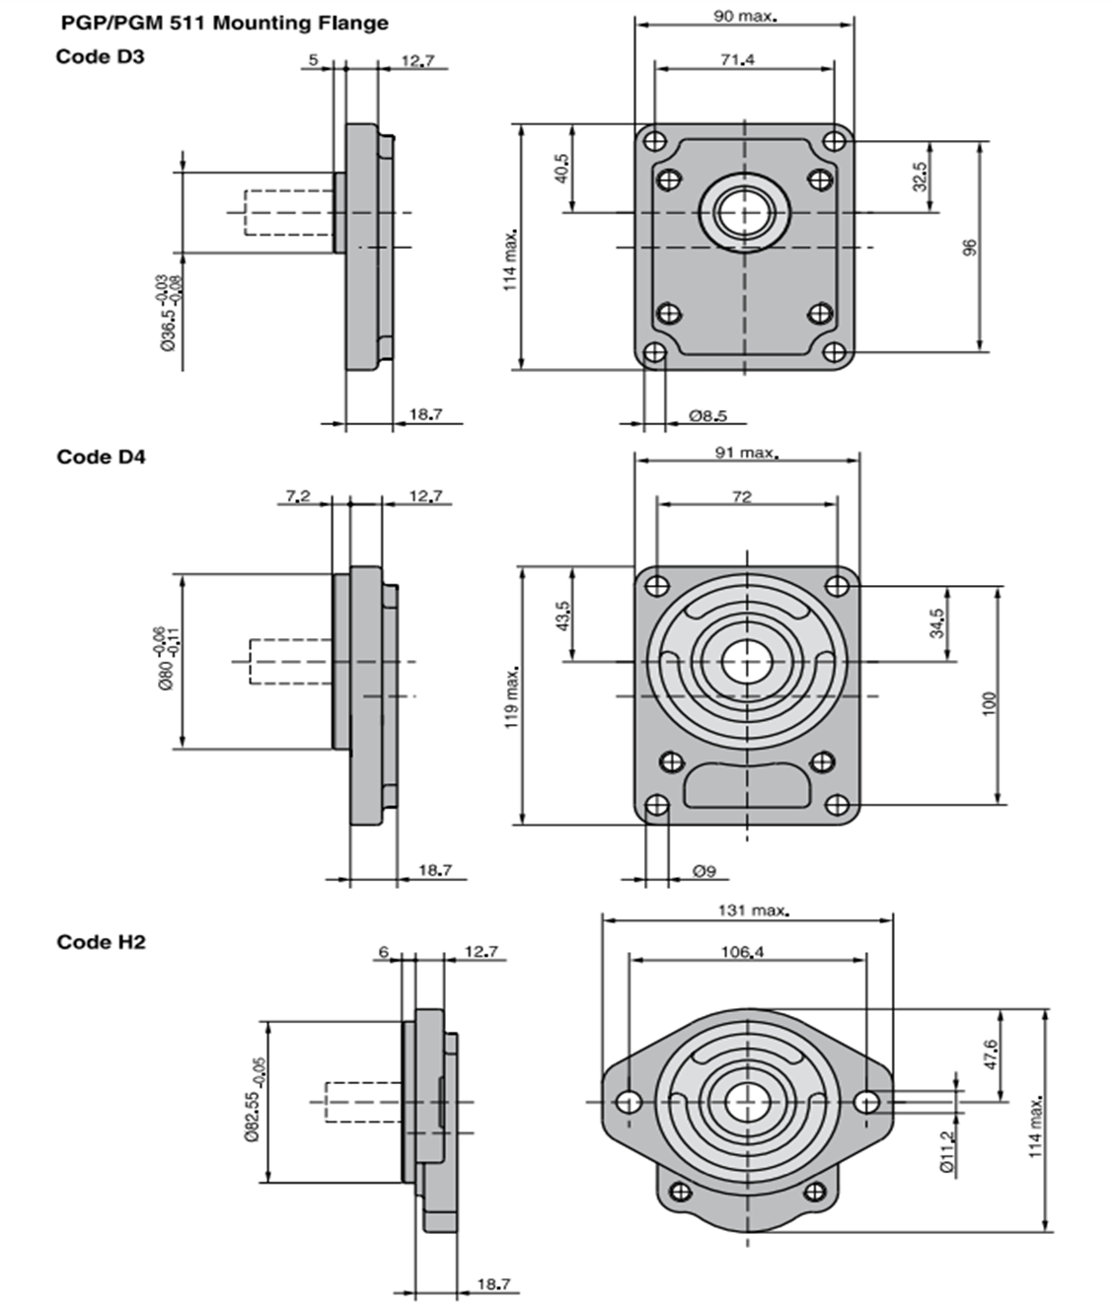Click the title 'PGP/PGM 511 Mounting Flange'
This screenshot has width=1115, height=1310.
click(225, 23)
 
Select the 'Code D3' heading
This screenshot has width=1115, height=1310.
click(100, 56)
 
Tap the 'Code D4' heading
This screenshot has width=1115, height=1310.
click(101, 457)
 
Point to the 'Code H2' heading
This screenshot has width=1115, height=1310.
click(101, 942)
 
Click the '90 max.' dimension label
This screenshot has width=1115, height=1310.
click(745, 16)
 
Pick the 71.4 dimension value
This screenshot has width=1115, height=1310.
click(737, 60)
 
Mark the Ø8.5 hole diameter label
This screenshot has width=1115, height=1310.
click(707, 415)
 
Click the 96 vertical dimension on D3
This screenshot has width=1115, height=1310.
click(969, 247)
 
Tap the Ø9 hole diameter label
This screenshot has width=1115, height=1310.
click(704, 871)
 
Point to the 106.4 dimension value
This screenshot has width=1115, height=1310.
click(743, 952)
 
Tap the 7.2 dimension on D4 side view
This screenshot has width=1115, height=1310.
click(298, 496)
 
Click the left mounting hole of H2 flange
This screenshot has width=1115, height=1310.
click(628, 1101)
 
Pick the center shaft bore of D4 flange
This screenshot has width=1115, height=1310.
click(747, 661)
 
